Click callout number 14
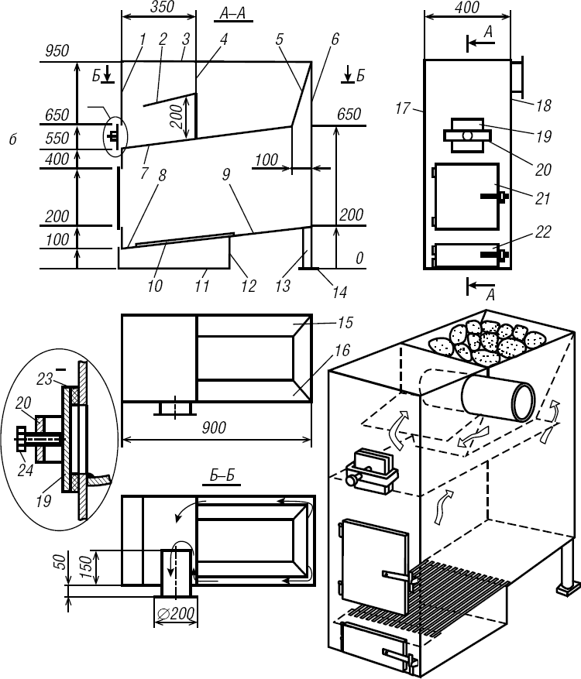point(338,292)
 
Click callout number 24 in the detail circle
point(26,469)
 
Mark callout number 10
point(155,286)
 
